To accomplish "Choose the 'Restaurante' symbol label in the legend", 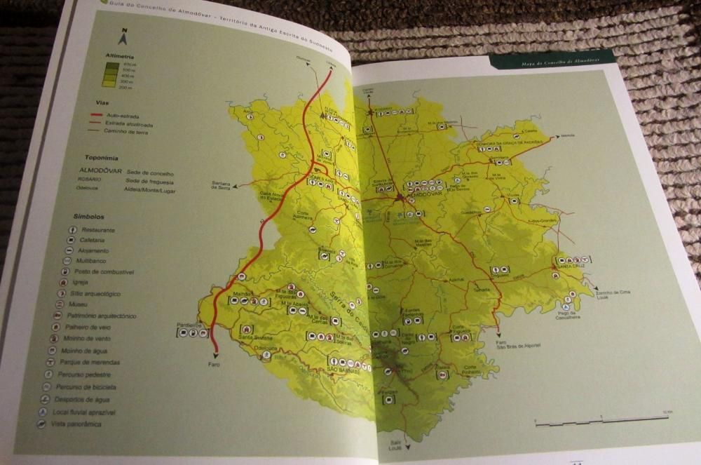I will [98, 230].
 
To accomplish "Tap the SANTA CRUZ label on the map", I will [573, 267].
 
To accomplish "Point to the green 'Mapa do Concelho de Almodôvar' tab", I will [553, 62].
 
